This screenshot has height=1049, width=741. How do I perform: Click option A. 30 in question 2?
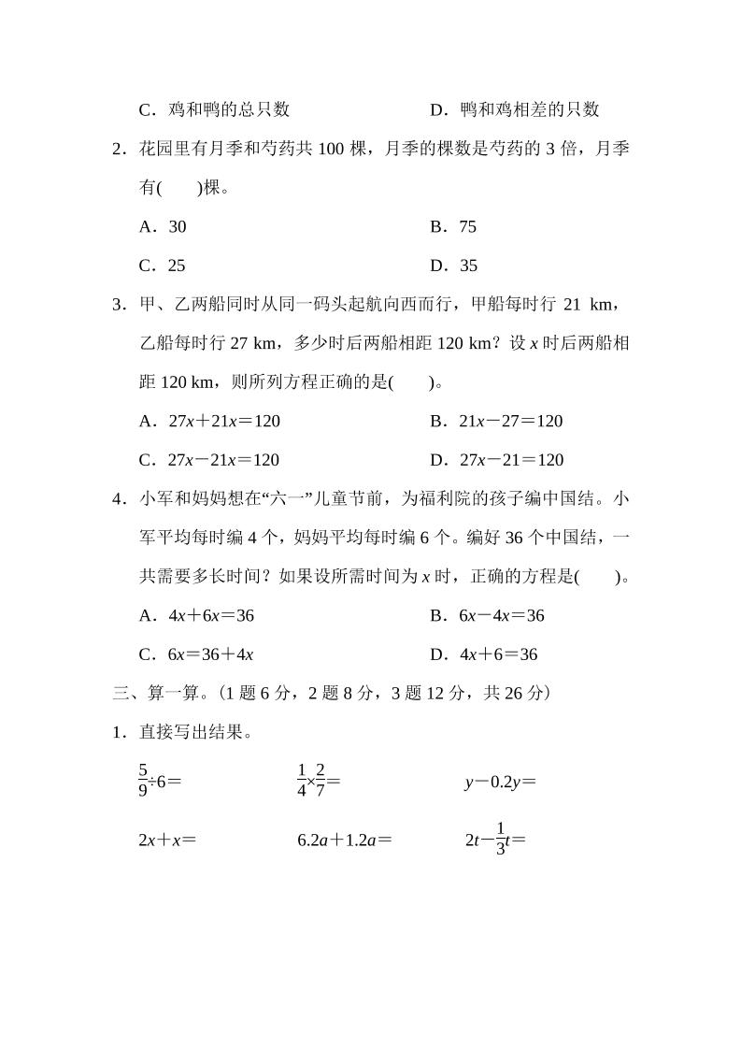(x=163, y=226)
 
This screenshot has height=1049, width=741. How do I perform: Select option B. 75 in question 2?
(x=453, y=226)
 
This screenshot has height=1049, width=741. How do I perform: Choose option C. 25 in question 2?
(x=163, y=266)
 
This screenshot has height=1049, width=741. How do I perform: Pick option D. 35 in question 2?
(x=454, y=266)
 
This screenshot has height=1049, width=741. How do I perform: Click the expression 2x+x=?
(x=167, y=840)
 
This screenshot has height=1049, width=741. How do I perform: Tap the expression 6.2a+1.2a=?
(x=344, y=840)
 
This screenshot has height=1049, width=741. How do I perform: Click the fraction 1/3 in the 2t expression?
(x=500, y=839)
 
